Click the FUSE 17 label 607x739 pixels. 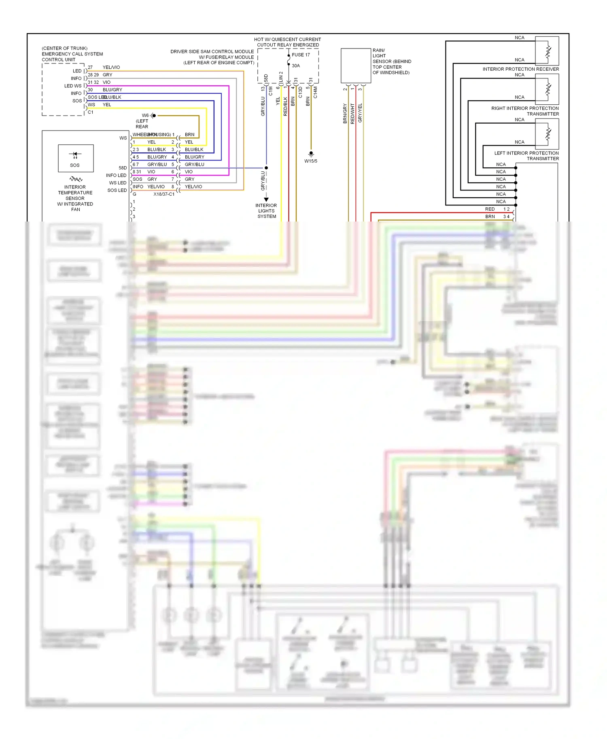tap(301, 55)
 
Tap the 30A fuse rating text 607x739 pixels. tap(296, 65)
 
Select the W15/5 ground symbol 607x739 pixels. tap(311, 154)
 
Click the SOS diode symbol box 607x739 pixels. tap(76, 158)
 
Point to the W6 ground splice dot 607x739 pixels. tap(154, 116)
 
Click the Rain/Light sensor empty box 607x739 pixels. tap(356, 65)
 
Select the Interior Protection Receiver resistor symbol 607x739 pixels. tap(548, 51)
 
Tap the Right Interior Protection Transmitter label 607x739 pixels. tap(525, 111)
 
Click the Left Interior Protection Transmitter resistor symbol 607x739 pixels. tap(548, 135)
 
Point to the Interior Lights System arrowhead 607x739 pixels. tap(266, 199)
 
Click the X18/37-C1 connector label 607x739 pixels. tap(164, 194)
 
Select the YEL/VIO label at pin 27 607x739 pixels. tap(111, 67)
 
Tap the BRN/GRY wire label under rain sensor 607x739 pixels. tap(345, 113)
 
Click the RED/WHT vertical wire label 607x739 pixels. tap(352, 113)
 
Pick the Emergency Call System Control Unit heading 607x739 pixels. tap(72, 54)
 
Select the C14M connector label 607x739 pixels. tap(315, 92)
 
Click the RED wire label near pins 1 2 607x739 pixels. tap(490, 209)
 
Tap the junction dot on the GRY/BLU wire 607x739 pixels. tap(266, 168)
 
